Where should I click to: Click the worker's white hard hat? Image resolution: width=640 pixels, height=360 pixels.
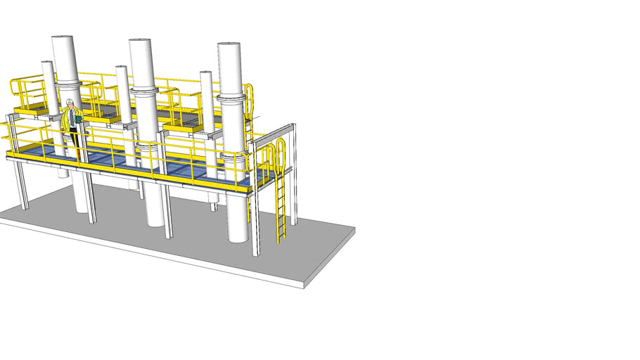point(70,103)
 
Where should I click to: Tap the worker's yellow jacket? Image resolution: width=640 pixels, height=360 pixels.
point(70,117)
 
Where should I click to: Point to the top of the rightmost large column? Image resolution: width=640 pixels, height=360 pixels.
point(229,46)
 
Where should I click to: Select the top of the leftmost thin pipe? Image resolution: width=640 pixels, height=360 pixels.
point(47,63)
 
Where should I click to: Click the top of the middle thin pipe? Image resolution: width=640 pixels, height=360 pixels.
point(122,68)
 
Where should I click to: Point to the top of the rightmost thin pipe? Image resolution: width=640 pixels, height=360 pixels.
point(206,73)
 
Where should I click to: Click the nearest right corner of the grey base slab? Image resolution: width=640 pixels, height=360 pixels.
point(304,285)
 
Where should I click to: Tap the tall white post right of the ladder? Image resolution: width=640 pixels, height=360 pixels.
point(293,176)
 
